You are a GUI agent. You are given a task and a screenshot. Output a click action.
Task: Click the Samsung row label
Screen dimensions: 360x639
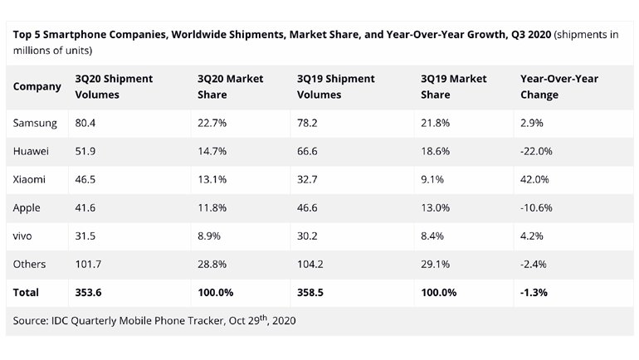pos(35,123)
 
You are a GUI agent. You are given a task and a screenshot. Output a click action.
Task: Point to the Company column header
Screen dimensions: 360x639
pos(37,87)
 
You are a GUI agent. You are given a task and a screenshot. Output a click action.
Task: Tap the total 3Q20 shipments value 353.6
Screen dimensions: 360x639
pos(89,293)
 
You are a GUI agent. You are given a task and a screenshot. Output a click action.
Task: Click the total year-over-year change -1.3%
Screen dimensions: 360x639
pos(534,293)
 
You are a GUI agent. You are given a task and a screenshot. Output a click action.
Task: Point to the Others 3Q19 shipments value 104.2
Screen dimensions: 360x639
pos(311,264)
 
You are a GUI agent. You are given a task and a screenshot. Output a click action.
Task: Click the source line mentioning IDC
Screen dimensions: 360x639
pos(154,320)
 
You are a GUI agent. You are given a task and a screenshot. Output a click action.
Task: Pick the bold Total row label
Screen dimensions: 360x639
pos(27,293)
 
